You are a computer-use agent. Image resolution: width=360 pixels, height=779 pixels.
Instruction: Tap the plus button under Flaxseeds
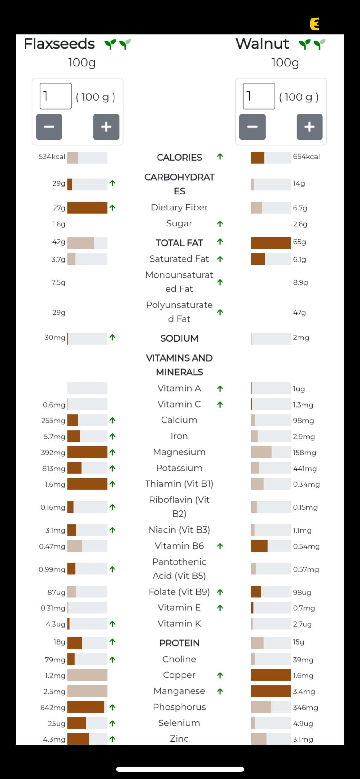pyautogui.click(x=106, y=127)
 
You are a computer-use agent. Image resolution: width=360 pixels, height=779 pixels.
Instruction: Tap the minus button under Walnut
pyautogui.click(x=252, y=127)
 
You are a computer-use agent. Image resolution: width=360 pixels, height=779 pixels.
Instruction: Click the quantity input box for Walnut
pyautogui.click(x=259, y=96)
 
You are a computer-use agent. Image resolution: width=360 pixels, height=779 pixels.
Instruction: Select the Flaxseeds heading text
pyautogui.click(x=59, y=44)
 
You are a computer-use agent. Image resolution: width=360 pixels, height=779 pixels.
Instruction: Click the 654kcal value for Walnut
pyautogui.click(x=306, y=157)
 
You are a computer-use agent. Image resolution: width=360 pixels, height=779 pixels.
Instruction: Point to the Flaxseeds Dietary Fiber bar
pyautogui.click(x=87, y=208)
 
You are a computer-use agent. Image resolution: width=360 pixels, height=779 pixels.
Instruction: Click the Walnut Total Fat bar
pyautogui.click(x=271, y=243)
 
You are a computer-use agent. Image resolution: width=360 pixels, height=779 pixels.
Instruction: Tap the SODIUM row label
pyautogui.click(x=179, y=338)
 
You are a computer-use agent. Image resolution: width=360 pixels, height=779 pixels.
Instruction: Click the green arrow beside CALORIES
pyautogui.click(x=220, y=157)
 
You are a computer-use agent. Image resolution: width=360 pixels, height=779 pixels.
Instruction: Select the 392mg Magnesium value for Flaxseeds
pyautogui.click(x=53, y=453)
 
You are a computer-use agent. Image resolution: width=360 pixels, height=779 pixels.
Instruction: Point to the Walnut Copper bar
pyautogui.click(x=271, y=675)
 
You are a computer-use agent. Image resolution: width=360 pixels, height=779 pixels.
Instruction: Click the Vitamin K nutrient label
pyautogui.click(x=179, y=624)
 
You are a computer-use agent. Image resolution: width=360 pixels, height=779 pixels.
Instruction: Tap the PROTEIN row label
pyautogui.click(x=179, y=643)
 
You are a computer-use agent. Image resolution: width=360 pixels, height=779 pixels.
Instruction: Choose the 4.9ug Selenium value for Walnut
pyautogui.click(x=303, y=723)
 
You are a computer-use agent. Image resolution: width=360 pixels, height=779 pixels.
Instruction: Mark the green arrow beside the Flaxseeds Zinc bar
pyautogui.click(x=112, y=739)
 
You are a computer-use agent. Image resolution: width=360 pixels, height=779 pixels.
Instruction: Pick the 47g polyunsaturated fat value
pyautogui.click(x=299, y=313)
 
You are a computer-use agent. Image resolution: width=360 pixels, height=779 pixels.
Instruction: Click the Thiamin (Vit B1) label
pyautogui.click(x=179, y=484)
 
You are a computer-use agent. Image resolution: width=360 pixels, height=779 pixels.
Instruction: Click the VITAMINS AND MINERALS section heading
pyautogui.click(x=179, y=365)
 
